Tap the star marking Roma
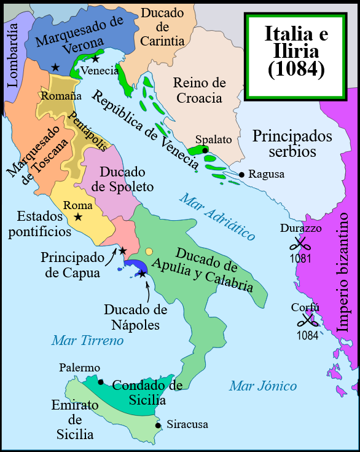point(78,217)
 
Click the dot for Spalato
point(205,149)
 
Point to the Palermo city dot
point(101,381)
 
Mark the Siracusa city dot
point(158,425)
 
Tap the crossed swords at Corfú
point(307,321)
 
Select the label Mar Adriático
point(216,216)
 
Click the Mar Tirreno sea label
point(88,340)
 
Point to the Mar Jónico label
point(263,386)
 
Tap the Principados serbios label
point(292,143)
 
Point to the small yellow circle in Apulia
point(150,252)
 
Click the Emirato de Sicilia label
point(75,419)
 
